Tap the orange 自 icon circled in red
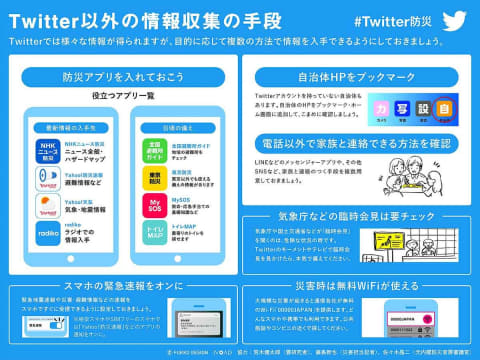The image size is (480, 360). (445, 107)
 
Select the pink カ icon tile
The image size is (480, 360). (381, 107)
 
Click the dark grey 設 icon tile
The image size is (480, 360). (424, 107)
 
